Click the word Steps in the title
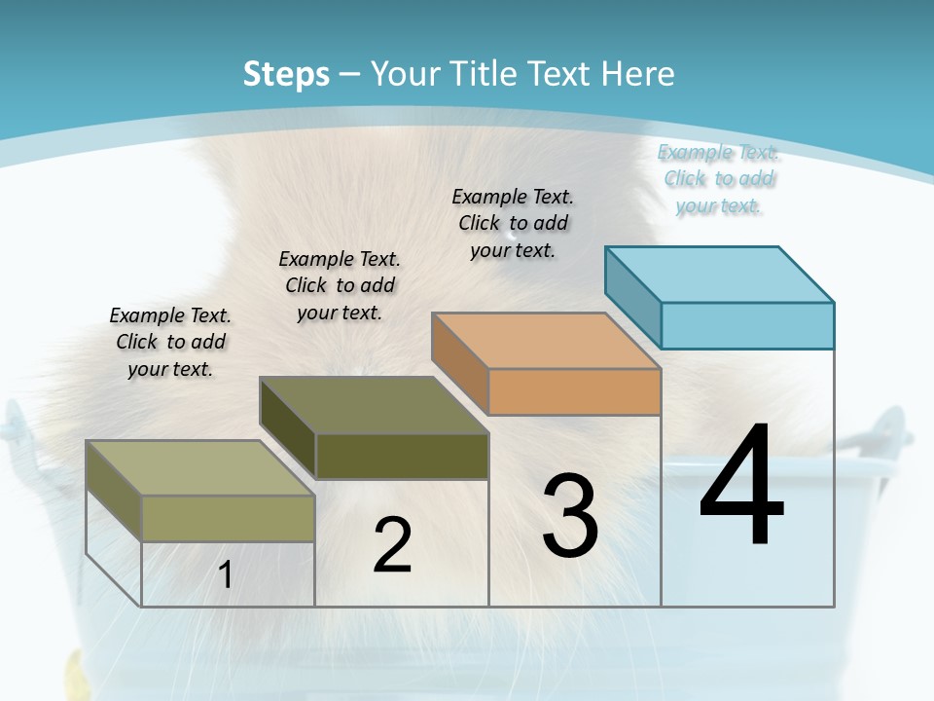286,74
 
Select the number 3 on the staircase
569,516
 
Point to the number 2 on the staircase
392,545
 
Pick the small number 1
225,575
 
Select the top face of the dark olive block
374,404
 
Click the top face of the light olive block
200,467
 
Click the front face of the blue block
747,325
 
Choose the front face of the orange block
574,391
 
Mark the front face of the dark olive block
402,456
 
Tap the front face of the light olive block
228,518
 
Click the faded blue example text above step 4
718,178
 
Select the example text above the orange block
513,223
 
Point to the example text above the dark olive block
340,285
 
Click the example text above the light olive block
170,342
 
